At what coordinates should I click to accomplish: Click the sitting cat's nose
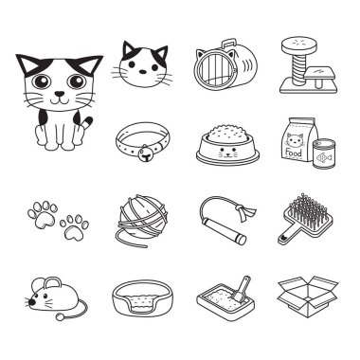point(60,94)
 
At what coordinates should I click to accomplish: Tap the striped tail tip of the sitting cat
point(87,122)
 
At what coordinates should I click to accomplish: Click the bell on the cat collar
point(145,154)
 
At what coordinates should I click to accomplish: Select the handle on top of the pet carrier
point(229,45)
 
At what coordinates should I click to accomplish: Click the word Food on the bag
point(293,153)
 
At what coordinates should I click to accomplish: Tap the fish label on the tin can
point(324,157)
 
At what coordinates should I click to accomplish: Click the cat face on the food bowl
point(227,152)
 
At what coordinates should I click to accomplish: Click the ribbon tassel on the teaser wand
point(246,210)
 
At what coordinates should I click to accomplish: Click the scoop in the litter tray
point(241,288)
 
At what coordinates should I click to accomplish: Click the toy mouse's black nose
point(31,302)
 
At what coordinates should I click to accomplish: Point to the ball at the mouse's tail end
point(59,315)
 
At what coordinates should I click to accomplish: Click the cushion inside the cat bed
point(143,300)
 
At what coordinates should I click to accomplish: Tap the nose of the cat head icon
point(143,72)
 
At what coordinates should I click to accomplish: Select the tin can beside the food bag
point(324,154)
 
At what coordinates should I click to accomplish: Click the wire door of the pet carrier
point(214,70)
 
